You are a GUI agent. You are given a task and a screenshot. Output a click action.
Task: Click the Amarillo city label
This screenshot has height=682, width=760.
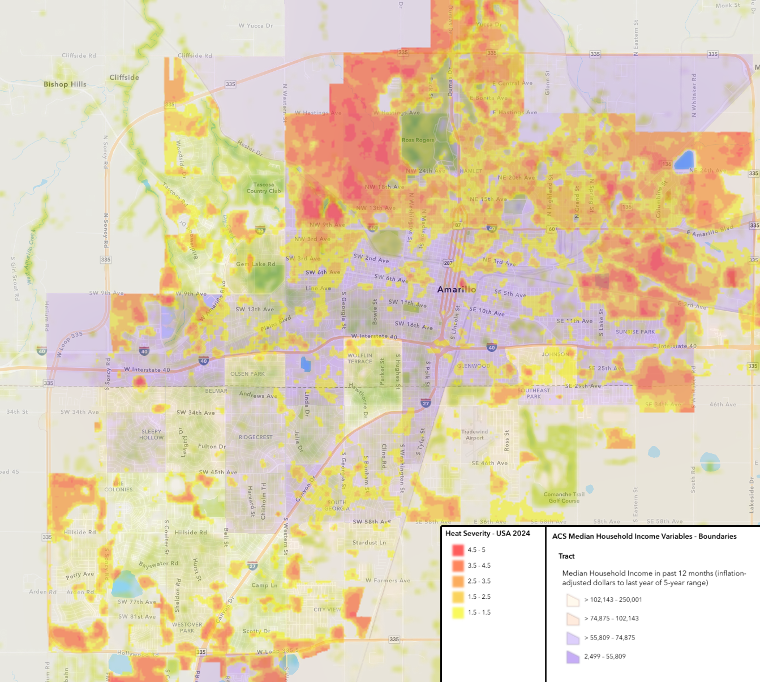(456, 289)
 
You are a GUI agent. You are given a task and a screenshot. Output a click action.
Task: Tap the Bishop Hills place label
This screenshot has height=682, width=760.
(65, 84)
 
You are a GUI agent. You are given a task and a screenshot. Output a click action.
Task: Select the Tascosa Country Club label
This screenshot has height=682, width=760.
(264, 188)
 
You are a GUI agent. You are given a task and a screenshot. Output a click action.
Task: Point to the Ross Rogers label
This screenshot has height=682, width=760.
(418, 140)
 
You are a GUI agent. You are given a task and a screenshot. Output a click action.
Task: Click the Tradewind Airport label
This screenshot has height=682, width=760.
(474, 435)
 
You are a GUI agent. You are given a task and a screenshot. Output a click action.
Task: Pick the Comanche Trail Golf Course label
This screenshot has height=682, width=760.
(564, 497)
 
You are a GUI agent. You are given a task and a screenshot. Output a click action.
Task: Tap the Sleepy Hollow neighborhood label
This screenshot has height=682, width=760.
(151, 435)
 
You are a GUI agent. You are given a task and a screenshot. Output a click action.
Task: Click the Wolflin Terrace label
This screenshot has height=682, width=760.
(360, 359)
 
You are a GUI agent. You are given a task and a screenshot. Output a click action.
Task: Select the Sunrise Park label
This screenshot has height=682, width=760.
(635, 332)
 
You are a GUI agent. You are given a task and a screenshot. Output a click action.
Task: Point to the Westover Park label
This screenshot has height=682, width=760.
(187, 628)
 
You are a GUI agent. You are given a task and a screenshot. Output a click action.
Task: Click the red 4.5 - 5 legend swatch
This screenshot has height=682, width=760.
(458, 550)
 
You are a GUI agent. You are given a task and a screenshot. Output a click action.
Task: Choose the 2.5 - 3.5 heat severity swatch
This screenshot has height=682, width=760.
(458, 581)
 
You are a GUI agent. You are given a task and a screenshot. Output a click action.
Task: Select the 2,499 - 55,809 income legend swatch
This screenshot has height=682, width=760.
(573, 657)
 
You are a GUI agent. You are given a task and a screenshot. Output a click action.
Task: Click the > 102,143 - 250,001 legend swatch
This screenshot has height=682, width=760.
(573, 600)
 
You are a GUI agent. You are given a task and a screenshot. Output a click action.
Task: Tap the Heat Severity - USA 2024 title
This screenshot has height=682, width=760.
(488, 534)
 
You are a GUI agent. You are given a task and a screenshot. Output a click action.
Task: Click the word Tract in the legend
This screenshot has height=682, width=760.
(566, 556)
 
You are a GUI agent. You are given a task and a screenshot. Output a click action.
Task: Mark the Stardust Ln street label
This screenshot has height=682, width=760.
(369, 543)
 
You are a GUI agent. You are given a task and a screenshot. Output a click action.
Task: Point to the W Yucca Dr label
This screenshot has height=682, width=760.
(256, 26)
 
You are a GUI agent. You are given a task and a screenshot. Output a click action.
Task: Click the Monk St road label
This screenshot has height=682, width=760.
(728, 6)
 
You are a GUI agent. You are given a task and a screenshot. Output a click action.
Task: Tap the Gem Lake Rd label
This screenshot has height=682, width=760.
(256, 264)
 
